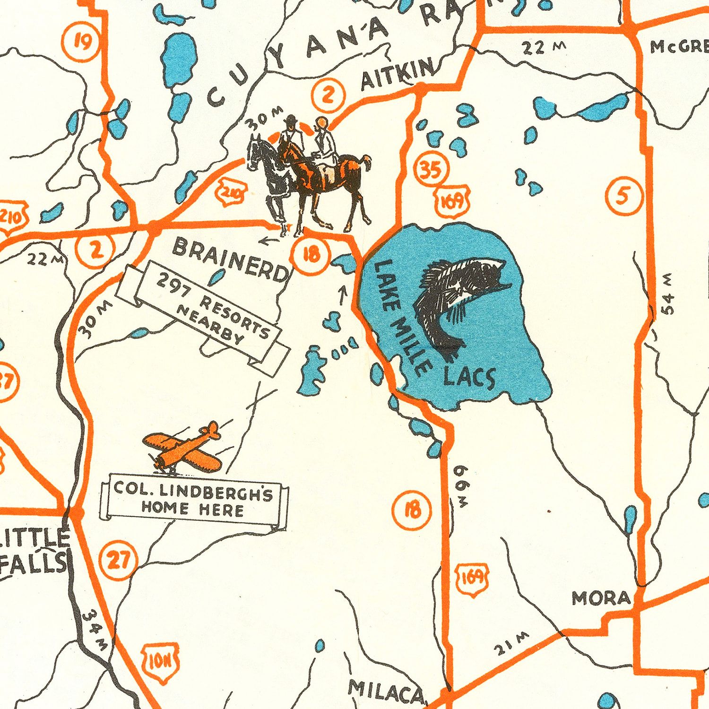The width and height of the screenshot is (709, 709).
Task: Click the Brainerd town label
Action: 230,259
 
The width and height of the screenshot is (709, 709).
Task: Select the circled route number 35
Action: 431,170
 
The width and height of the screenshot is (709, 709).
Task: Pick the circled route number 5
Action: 624,196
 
